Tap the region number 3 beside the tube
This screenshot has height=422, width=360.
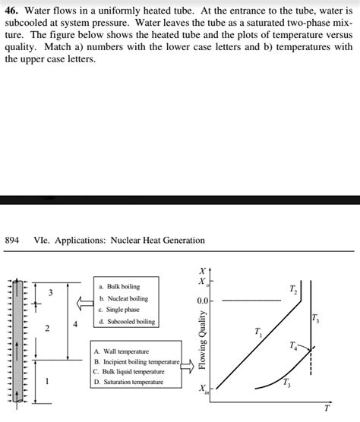(x=50, y=292)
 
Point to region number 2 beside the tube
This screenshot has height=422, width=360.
(x=47, y=329)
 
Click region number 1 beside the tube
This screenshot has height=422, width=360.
(x=49, y=381)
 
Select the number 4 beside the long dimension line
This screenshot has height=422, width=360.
(x=74, y=325)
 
